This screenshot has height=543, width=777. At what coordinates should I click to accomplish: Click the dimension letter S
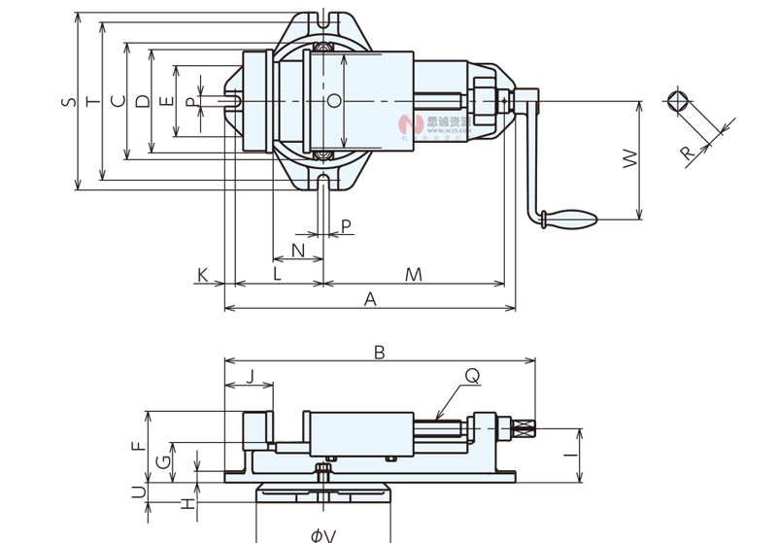tap(66, 101)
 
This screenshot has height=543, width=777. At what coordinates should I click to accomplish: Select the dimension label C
tap(117, 101)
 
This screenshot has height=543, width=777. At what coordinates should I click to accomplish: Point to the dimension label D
tap(142, 101)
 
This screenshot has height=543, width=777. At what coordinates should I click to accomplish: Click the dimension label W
tap(629, 159)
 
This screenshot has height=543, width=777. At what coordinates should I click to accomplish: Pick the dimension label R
tap(687, 153)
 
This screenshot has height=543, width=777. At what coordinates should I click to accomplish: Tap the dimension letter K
tap(203, 275)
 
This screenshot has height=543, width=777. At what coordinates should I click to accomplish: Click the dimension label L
tap(277, 275)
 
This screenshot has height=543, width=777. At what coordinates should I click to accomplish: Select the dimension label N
tap(298, 251)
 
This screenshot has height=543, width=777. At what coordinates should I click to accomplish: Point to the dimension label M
tap(414, 275)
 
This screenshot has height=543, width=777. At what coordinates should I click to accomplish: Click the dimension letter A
tap(370, 300)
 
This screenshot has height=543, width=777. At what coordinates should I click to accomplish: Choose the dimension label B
tap(380, 353)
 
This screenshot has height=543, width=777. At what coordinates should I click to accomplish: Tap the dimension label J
tap(250, 377)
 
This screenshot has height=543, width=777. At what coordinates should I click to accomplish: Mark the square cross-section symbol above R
tap(678, 101)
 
